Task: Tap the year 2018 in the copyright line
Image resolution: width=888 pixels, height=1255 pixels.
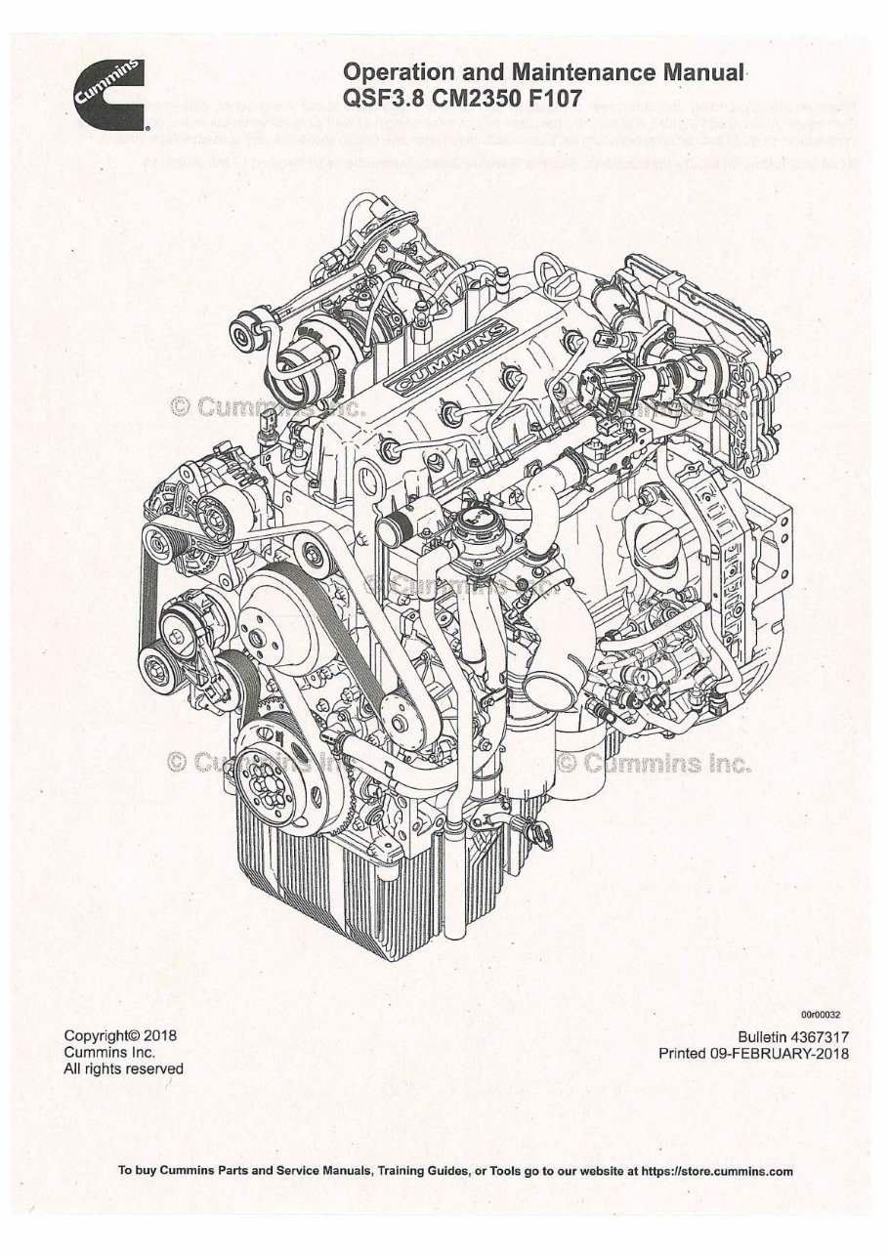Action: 156,1034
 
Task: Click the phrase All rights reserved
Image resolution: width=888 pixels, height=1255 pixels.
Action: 123,1069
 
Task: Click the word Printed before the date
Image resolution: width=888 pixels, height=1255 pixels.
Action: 690,1054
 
